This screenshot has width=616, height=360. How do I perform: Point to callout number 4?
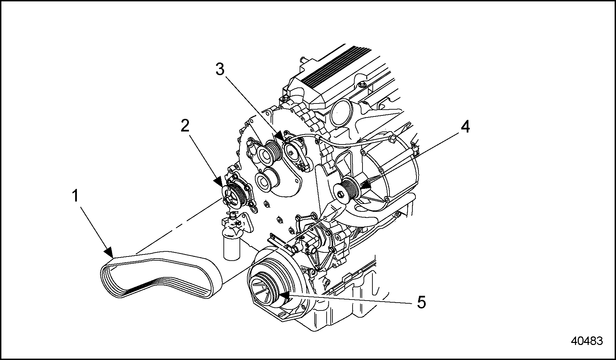465,127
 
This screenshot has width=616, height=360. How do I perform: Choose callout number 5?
421,303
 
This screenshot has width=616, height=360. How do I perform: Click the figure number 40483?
587,341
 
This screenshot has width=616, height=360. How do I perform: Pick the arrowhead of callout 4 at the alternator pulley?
365,185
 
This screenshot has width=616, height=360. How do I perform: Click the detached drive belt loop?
161,273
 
